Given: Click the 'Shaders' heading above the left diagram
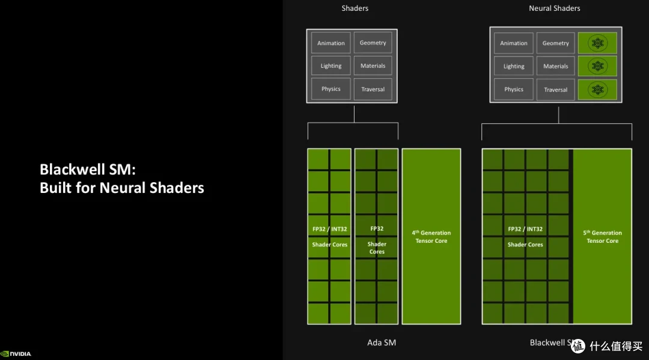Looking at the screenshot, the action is click(x=355, y=8).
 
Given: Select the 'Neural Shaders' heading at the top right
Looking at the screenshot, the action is click(x=554, y=8).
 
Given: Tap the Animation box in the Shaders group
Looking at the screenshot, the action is click(x=331, y=43).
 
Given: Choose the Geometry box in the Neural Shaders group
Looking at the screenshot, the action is click(x=555, y=43).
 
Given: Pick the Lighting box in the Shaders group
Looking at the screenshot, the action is click(x=331, y=66).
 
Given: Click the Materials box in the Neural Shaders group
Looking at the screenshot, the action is click(x=555, y=66).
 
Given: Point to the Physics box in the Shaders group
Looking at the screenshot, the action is click(x=331, y=89).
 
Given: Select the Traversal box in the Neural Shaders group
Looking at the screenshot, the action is click(x=555, y=90).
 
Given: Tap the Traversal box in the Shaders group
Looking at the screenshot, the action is click(x=373, y=89).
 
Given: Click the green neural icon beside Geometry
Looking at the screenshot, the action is click(x=597, y=43).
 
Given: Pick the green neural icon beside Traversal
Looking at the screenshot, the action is click(x=597, y=90).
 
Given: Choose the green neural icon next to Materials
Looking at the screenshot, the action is click(x=597, y=66).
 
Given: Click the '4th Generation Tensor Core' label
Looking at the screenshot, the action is click(x=431, y=237).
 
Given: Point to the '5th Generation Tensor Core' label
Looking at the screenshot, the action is click(x=602, y=237).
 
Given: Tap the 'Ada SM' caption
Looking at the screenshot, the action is click(x=382, y=343).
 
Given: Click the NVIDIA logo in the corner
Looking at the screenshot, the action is click(x=16, y=354).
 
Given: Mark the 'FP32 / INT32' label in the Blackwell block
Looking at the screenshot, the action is click(x=525, y=229).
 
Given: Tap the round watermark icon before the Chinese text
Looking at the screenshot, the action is click(x=578, y=346).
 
